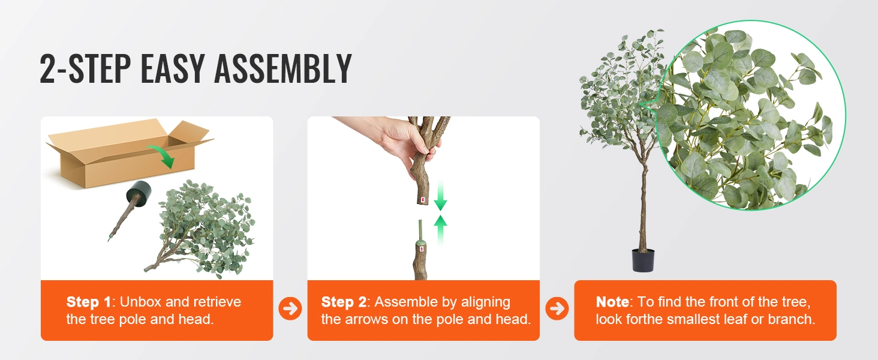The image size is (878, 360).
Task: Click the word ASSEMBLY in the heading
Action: tap(283, 68)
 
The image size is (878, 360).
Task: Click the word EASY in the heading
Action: tap(173, 68)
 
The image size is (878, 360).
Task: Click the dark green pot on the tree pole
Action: tap(139, 193)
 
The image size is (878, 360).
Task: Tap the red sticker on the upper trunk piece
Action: tap(423, 200)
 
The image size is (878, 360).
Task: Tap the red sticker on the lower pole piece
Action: tap(422, 248)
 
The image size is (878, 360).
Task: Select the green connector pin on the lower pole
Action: tap(420, 232)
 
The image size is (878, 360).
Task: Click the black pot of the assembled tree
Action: tap(643, 260)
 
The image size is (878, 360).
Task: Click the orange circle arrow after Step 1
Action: tap(290, 308)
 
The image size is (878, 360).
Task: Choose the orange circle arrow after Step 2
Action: tap(557, 308)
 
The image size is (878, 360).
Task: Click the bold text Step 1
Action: tap(89, 302)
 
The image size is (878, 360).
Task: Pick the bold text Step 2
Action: tap(344, 302)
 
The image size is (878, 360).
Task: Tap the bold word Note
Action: tap(612, 302)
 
